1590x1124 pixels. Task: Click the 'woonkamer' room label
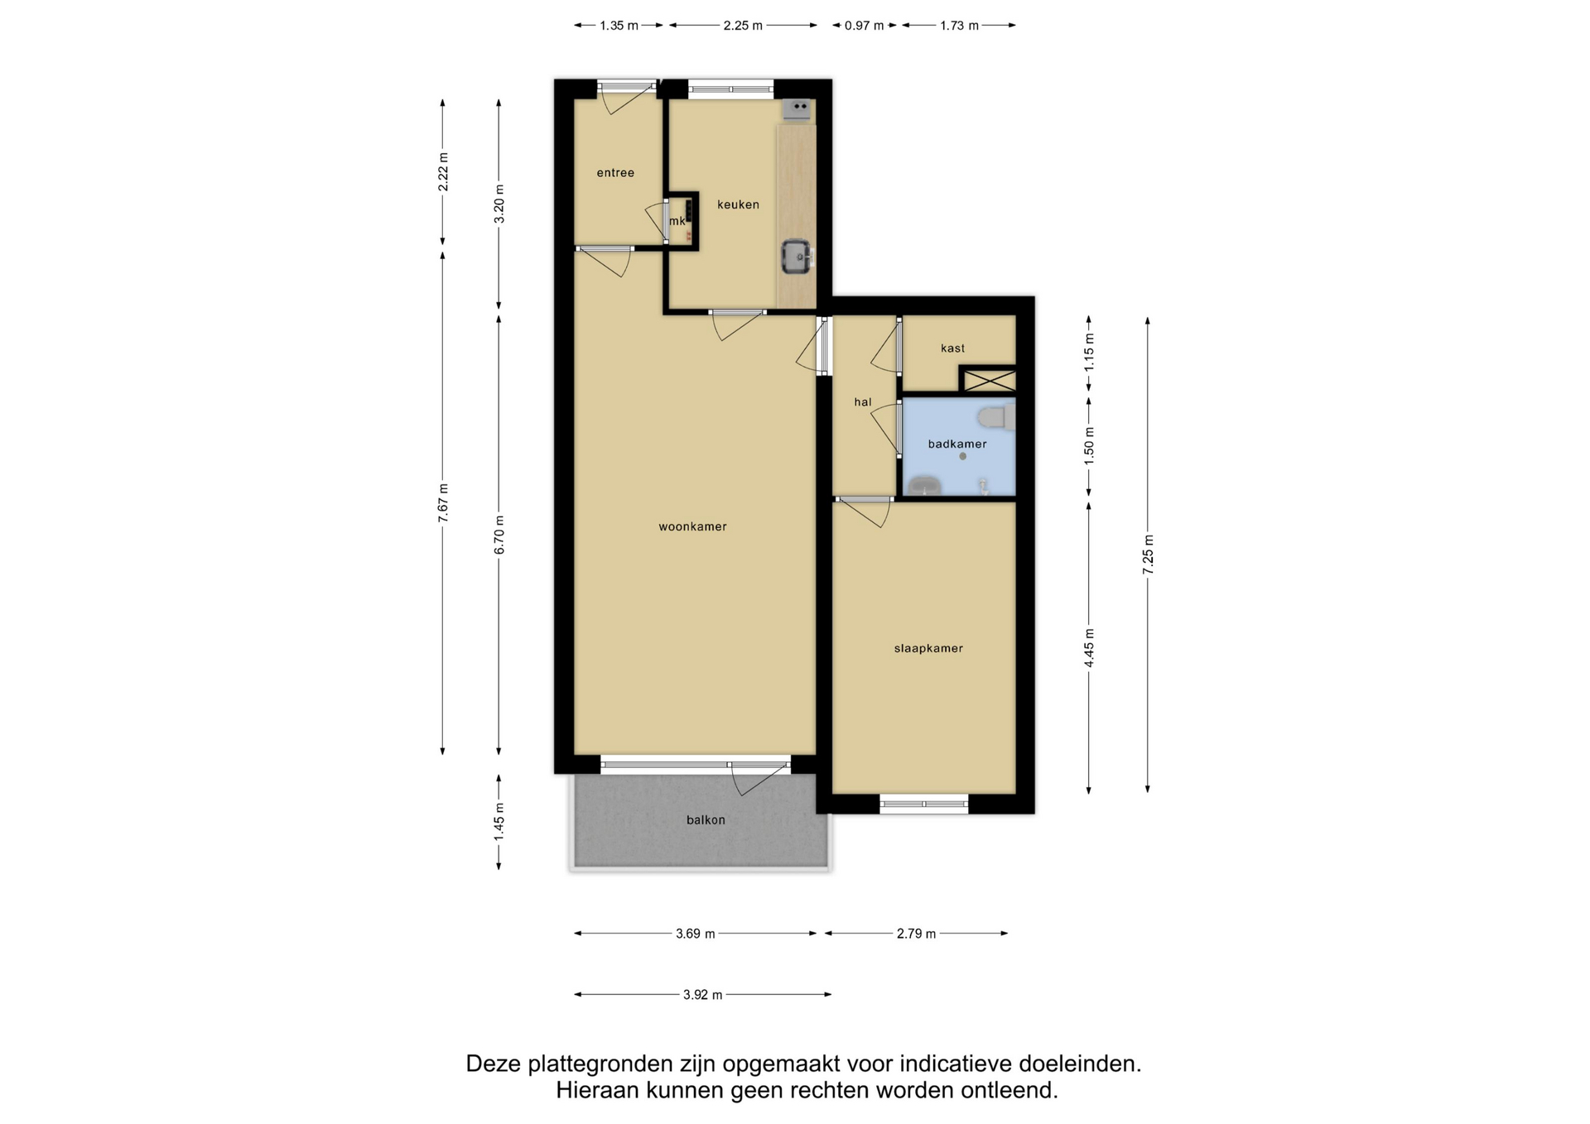(692, 526)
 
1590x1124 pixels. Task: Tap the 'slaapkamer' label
(928, 649)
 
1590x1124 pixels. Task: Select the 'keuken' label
(738, 204)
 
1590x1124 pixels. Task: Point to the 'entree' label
(615, 173)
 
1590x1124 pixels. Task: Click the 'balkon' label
(706, 820)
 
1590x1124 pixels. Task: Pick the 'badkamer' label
(957, 444)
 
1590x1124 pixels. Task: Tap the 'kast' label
(952, 348)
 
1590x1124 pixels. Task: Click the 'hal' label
(863, 402)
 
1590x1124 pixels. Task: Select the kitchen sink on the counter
(797, 257)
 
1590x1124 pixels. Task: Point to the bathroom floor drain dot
(962, 456)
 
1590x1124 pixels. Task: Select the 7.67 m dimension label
(443, 502)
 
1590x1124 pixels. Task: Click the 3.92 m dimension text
(703, 995)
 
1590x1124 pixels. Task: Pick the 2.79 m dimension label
(916, 934)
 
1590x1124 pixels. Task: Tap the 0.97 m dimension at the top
(864, 26)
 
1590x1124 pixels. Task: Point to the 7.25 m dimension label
(1148, 555)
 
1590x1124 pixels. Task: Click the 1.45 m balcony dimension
(499, 823)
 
